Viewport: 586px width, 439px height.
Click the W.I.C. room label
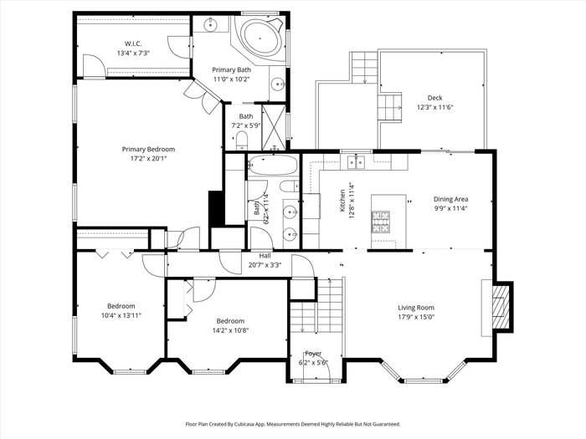click(133, 43)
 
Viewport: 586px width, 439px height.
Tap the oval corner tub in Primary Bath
click(261, 38)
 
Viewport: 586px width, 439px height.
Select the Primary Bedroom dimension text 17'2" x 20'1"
click(148, 159)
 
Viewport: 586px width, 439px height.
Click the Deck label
click(435, 98)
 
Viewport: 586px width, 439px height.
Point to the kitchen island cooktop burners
click(380, 222)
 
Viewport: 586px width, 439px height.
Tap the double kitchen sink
click(356, 162)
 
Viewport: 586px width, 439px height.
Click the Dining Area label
click(450, 199)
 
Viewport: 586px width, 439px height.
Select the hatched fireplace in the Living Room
click(501, 307)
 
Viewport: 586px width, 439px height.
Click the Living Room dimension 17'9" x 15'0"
click(416, 317)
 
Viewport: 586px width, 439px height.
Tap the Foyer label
click(313, 353)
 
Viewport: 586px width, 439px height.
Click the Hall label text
click(265, 256)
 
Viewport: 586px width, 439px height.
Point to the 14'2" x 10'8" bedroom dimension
click(230, 330)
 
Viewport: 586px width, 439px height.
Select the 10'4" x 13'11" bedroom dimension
click(121, 315)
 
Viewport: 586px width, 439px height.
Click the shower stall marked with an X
click(274, 127)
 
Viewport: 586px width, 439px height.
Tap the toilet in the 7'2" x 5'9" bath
click(242, 140)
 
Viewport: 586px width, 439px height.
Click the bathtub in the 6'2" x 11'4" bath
click(273, 165)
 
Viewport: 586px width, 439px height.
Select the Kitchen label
click(342, 201)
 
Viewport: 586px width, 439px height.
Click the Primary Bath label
click(231, 69)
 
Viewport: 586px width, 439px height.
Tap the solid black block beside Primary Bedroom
click(216, 208)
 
